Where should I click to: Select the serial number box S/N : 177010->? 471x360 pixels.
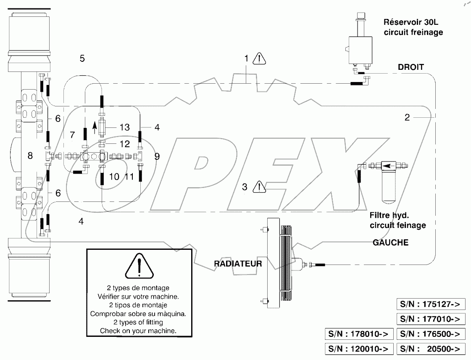click(x=431, y=319)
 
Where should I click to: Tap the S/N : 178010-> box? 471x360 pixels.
click(x=359, y=334)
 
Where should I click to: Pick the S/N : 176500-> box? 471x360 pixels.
click(x=431, y=334)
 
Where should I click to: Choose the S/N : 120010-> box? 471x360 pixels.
click(x=359, y=349)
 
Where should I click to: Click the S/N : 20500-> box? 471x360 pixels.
click(x=431, y=349)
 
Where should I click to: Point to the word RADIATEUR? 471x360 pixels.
click(x=238, y=264)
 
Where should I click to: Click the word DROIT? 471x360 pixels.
click(x=410, y=66)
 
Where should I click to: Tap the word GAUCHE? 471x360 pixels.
click(x=390, y=243)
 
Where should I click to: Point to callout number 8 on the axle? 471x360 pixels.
click(x=30, y=156)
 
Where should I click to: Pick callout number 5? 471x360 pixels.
click(x=82, y=58)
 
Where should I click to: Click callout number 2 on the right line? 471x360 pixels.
click(x=407, y=117)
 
